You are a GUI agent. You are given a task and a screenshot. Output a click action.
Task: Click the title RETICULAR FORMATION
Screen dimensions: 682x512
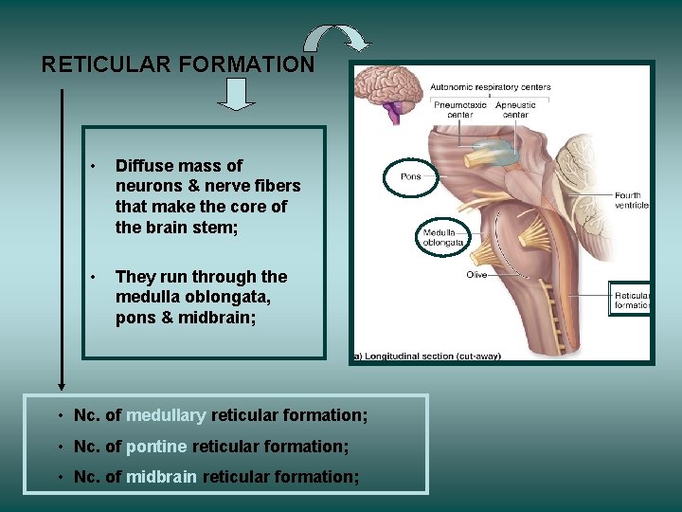[x=178, y=64]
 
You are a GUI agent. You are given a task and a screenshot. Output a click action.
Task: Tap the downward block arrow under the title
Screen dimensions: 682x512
[x=237, y=94]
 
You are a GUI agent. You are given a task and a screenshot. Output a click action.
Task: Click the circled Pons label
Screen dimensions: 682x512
[x=412, y=176]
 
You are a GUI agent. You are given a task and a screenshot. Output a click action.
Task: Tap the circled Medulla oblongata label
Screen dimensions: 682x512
[x=443, y=237]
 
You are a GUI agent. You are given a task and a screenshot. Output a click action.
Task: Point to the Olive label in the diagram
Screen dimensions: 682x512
[x=476, y=275]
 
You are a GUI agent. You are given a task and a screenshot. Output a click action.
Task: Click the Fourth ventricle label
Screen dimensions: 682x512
[x=631, y=200]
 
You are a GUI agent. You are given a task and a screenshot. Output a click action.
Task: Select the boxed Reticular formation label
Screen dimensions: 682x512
[x=631, y=301]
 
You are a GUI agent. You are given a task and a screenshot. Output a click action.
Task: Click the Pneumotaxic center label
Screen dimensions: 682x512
[x=459, y=110]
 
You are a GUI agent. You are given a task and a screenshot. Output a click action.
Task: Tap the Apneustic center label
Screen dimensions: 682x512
[x=515, y=110]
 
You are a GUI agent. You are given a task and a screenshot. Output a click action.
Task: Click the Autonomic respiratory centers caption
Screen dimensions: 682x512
[x=491, y=87]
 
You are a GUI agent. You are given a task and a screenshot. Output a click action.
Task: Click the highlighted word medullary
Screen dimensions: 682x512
[x=166, y=415]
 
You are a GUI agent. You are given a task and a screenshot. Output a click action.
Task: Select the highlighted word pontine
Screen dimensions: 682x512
[x=156, y=447]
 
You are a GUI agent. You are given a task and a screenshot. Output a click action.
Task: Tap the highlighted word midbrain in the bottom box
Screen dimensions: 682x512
[x=161, y=477]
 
